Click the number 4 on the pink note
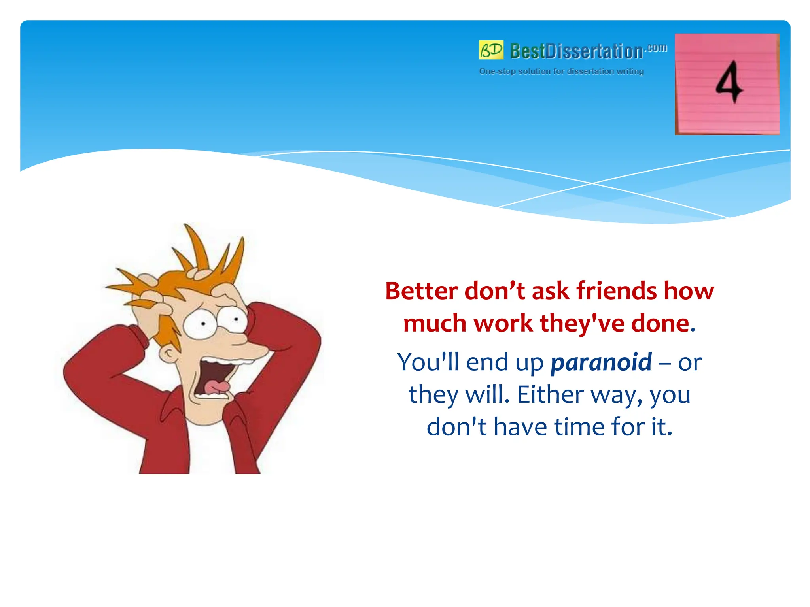click(x=729, y=82)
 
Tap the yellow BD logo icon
click(x=491, y=50)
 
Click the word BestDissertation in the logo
click(x=576, y=51)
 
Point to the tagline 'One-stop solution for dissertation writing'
click(x=561, y=71)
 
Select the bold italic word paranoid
click(x=601, y=362)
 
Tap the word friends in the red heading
click(x=616, y=291)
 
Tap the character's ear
click(x=169, y=353)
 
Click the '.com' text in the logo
click(x=656, y=48)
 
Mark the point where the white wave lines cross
click(x=592, y=183)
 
